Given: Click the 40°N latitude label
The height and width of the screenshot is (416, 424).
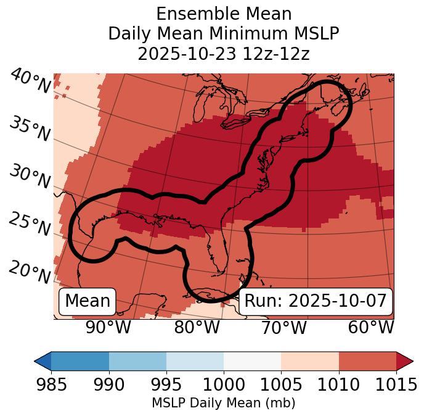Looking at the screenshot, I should click(30, 81).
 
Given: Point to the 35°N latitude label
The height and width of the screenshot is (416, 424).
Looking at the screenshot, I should click(30, 129).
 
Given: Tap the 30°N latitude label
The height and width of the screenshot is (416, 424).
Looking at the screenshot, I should click(30, 177).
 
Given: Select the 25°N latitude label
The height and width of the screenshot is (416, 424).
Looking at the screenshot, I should click(30, 225).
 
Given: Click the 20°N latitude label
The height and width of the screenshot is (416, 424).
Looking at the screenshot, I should click(30, 272).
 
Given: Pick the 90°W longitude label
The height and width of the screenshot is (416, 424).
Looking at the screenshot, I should click(108, 327).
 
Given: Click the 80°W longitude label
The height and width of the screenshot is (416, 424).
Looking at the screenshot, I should click(197, 327).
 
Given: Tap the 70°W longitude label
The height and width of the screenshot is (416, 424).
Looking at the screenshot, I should click(284, 327).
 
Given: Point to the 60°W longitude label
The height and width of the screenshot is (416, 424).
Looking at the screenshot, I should click(371, 327).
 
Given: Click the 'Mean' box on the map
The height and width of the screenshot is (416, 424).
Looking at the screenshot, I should click(88, 301).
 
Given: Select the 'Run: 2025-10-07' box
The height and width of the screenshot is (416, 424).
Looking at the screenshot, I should click(316, 301).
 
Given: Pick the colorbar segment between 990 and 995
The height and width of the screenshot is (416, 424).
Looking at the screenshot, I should click(137, 361).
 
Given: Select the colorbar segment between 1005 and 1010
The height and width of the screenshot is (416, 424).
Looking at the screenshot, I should click(310, 361).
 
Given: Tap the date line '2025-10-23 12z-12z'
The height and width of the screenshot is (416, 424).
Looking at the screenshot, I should click(223, 54).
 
